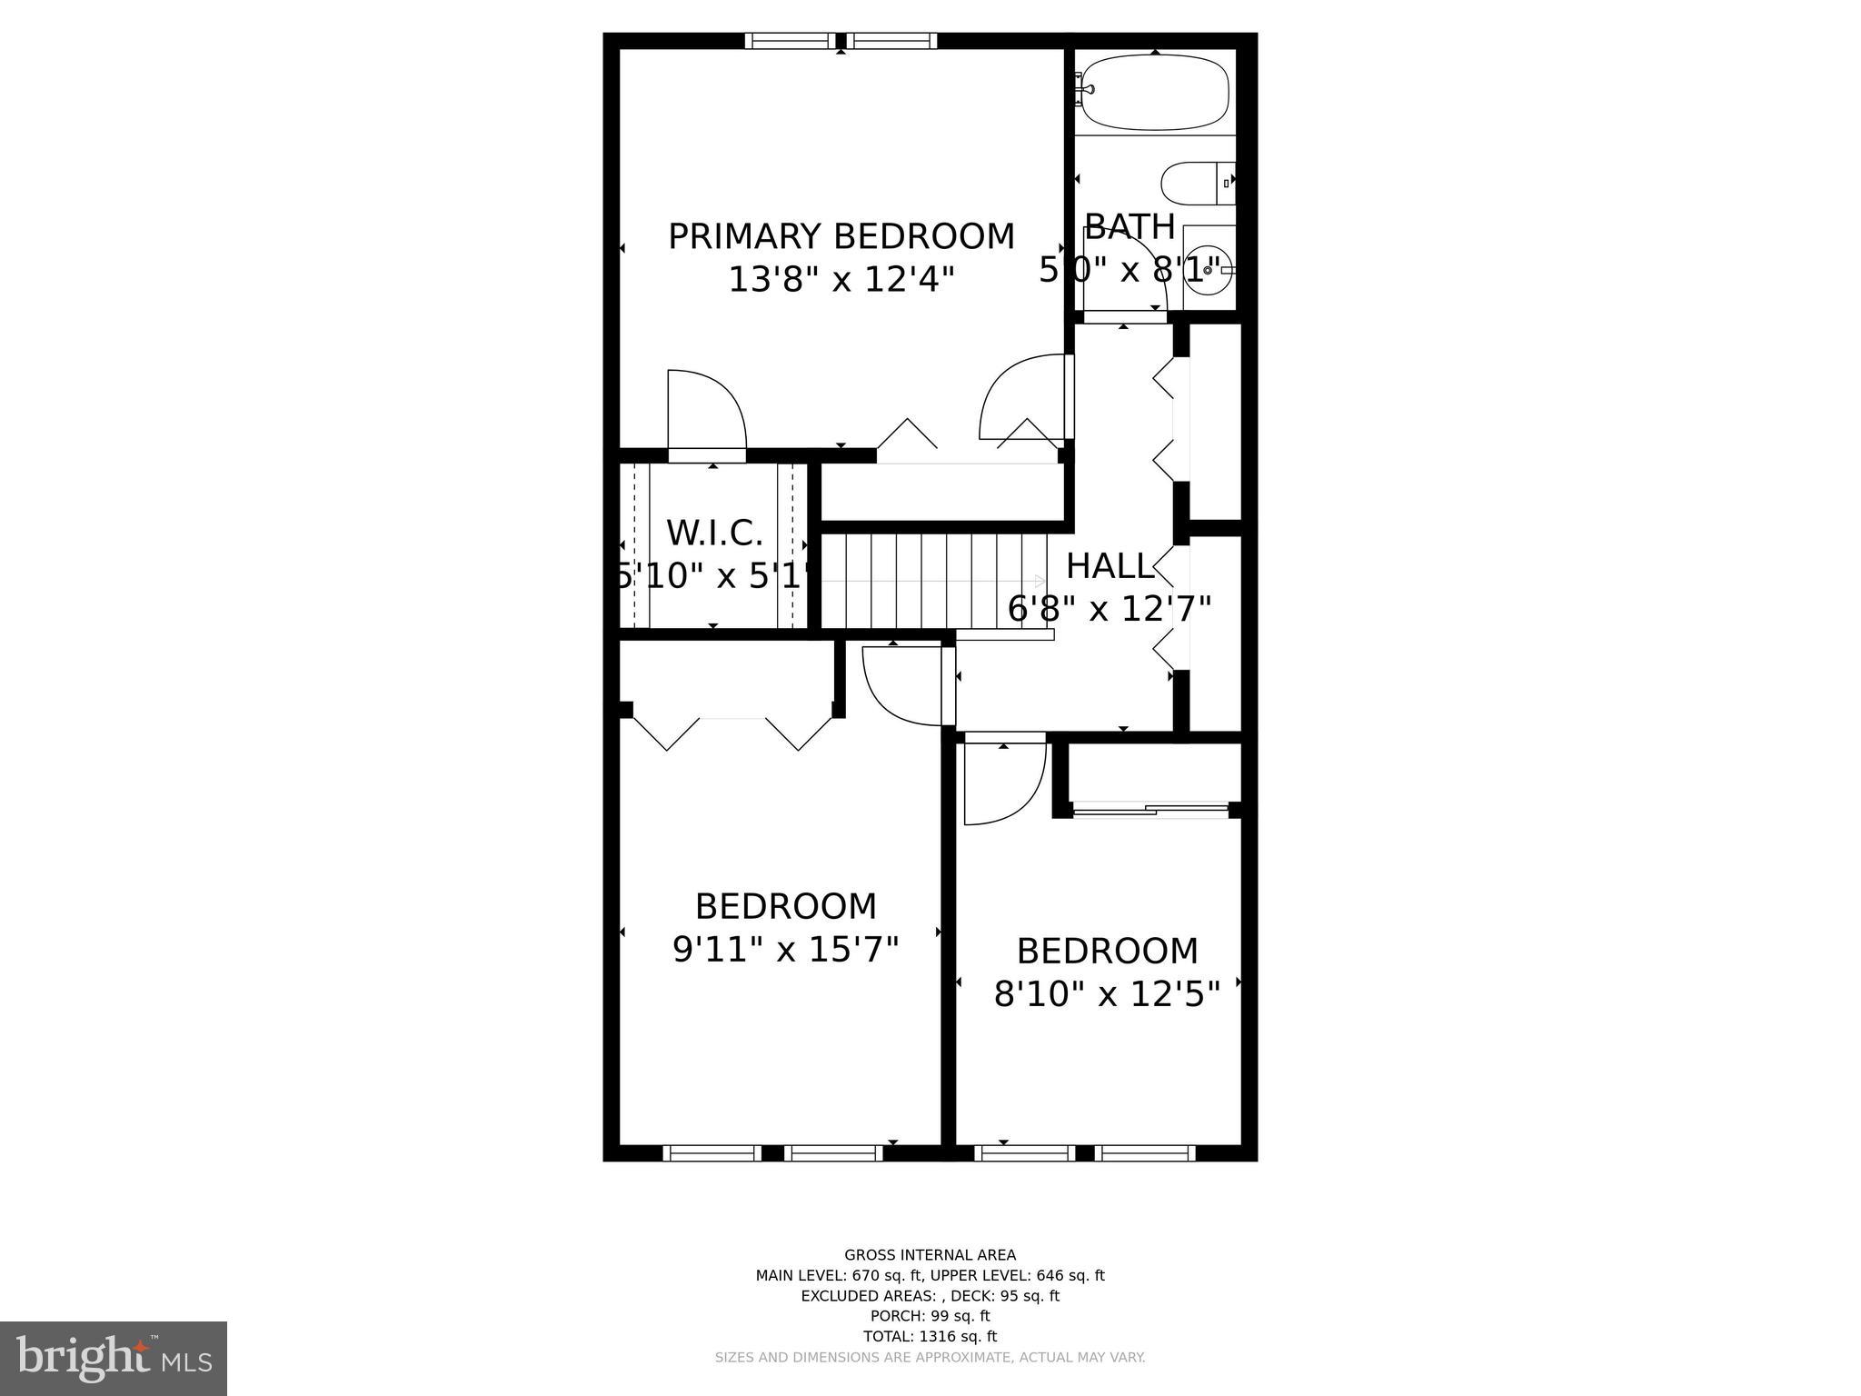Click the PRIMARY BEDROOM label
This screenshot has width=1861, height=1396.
point(841,236)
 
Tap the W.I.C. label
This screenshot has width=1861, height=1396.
point(714,533)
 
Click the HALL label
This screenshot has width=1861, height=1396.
point(1110,566)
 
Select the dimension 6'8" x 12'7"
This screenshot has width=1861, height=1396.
point(1110,609)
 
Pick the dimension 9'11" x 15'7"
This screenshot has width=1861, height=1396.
point(785,950)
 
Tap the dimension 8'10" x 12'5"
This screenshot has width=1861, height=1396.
point(1106,994)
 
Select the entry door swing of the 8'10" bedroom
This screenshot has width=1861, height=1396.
point(1001,783)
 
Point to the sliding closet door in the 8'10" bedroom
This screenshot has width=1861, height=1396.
point(1151,808)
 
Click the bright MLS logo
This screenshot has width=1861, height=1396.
point(113,1358)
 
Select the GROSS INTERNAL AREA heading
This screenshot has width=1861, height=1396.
point(930,1255)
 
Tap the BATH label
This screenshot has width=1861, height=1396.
point(1130,225)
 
